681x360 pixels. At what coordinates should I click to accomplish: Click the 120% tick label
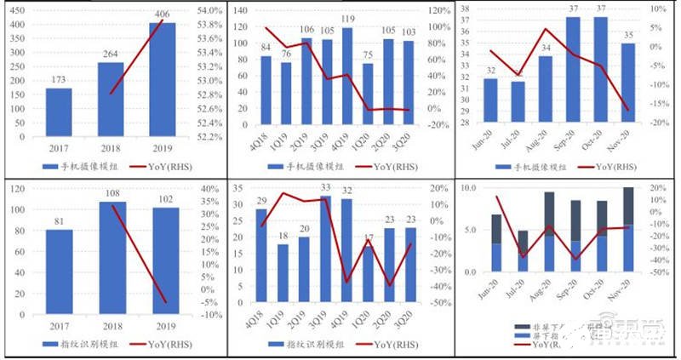438,10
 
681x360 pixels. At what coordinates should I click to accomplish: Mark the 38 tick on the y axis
466,10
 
